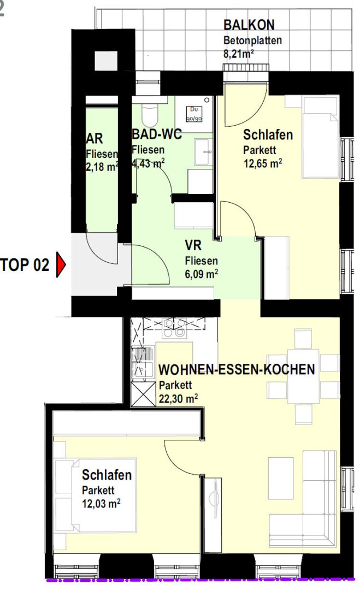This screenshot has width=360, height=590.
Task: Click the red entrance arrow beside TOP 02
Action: (61, 266)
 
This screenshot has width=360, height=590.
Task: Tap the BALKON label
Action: (249, 25)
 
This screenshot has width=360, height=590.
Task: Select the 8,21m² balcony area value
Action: (239, 54)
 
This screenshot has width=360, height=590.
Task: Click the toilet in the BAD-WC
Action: (149, 115)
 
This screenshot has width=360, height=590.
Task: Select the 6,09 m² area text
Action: (202, 274)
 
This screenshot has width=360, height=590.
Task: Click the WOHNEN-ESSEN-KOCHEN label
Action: (236, 370)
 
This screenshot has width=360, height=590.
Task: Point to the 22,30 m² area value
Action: (179, 398)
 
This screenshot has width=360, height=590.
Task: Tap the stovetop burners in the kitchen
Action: (175, 326)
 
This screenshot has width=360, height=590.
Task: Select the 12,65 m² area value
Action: (262, 162)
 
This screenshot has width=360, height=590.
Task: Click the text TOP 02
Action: (25, 266)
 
